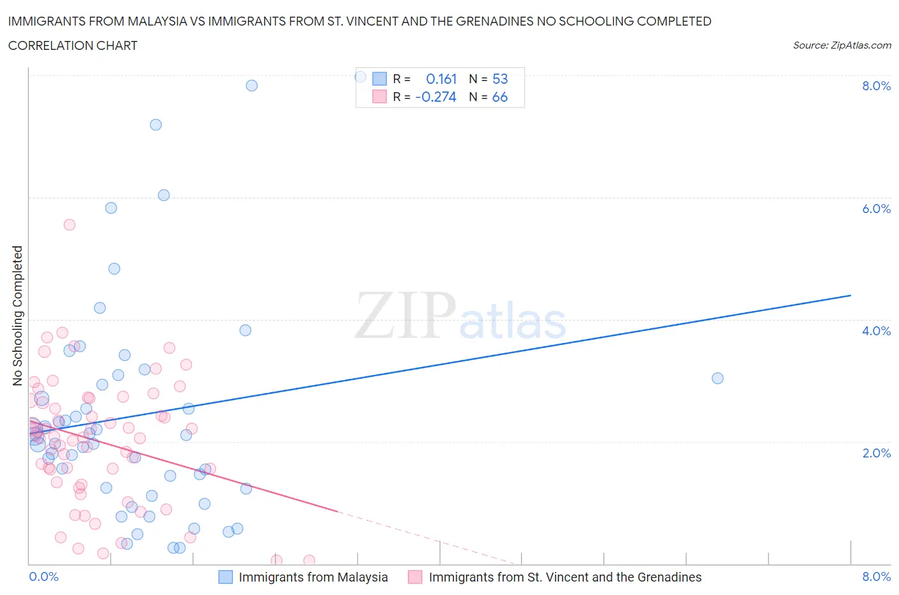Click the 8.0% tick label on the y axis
(x=876, y=86)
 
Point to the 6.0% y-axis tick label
(x=876, y=209)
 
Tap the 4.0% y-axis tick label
(x=876, y=331)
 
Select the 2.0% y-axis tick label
(x=876, y=454)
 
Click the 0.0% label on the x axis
(x=43, y=577)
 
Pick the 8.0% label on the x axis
(x=876, y=577)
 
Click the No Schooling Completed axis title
(x=17, y=315)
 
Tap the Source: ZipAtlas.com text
(x=841, y=45)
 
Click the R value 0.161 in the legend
(x=441, y=79)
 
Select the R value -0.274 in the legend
(x=436, y=97)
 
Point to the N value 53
(x=500, y=79)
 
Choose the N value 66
(x=500, y=97)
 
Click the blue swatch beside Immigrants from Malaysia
(x=226, y=577)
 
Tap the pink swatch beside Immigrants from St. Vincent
(x=416, y=577)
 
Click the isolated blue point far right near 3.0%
(x=717, y=378)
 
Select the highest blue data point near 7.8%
(x=252, y=86)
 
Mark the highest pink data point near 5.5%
(x=70, y=225)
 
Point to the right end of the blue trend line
(x=850, y=295)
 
